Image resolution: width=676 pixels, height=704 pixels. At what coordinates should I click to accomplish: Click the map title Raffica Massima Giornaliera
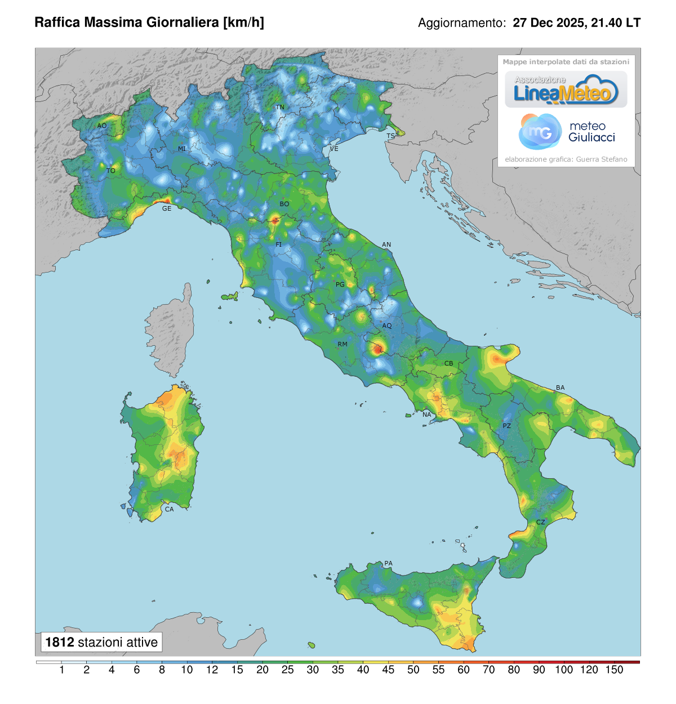click(149, 23)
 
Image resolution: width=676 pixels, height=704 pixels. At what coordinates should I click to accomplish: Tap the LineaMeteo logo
click(566, 90)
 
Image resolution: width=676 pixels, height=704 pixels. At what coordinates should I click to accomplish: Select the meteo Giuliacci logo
click(566, 132)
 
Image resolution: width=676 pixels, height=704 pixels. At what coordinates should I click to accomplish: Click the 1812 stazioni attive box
click(101, 642)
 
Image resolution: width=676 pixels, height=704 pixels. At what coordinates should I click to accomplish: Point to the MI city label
click(182, 149)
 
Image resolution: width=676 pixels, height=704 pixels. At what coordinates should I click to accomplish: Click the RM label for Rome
click(343, 344)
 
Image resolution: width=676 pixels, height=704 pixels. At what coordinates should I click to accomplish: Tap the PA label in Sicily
click(388, 563)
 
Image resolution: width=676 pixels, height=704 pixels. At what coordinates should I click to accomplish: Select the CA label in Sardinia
click(169, 509)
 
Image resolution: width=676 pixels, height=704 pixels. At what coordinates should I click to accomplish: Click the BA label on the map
click(560, 387)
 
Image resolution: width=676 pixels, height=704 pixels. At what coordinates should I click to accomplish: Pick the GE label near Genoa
click(167, 208)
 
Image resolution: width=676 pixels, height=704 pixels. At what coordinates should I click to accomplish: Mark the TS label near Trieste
click(390, 136)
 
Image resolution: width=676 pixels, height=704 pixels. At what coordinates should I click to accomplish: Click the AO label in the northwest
click(102, 126)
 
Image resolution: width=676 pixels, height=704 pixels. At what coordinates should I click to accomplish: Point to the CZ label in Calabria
click(540, 522)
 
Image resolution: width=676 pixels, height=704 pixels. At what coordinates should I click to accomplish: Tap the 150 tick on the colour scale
click(614, 670)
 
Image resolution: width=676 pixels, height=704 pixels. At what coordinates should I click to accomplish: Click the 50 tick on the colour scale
click(413, 670)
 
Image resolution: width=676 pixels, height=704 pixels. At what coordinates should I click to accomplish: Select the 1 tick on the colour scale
click(61, 670)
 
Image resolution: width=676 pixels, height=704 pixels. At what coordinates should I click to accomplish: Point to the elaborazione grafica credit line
click(566, 159)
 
